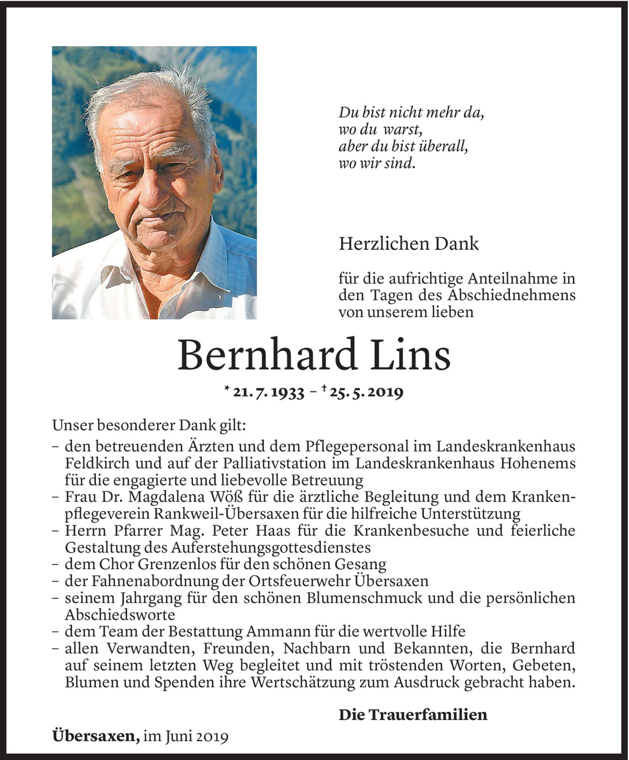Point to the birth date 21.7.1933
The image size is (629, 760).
pyautogui.click(x=268, y=393)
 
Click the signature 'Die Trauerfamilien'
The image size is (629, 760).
pyautogui.click(x=413, y=714)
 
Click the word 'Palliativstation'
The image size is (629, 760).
pyautogui.click(x=277, y=463)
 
